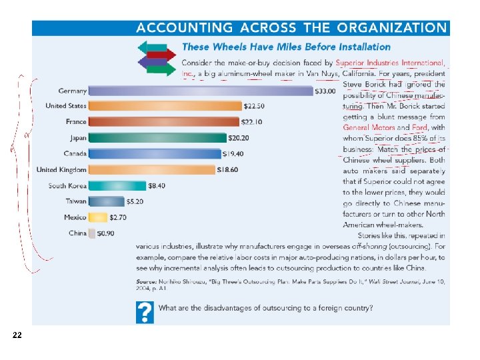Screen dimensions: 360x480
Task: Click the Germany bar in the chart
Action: pyautogui.click(x=200, y=91)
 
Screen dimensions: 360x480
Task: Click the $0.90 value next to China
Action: pyautogui.click(x=105, y=233)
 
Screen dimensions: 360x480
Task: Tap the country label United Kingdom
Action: pyautogui.click(x=61, y=170)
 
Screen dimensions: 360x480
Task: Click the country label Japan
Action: pyautogui.click(x=78, y=138)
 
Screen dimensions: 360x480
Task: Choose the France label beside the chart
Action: pyautogui.click(x=76, y=122)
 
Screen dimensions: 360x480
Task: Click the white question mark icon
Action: pyautogui.click(x=145, y=312)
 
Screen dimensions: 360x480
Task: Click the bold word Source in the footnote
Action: pyautogui.click(x=149, y=281)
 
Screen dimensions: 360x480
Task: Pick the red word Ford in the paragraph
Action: pyautogui.click(x=420, y=127)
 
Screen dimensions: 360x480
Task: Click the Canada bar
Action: pyautogui.click(x=155, y=154)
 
